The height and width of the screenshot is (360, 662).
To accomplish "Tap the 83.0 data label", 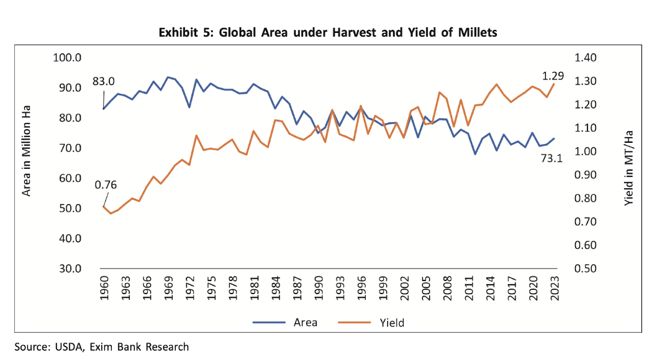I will coord(104,81).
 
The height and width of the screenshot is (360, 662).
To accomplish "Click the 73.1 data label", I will coord(551,158).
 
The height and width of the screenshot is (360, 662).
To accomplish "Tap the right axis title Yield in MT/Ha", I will coord(629,163).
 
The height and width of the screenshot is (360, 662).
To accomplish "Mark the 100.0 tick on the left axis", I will coord(69,58).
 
